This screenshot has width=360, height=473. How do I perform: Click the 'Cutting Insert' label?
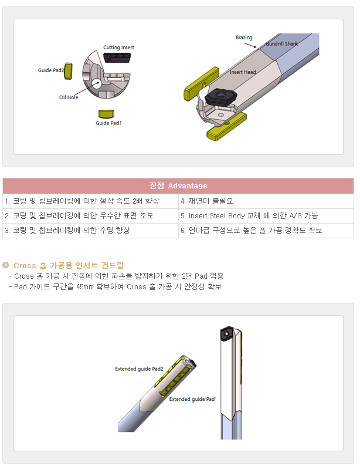point(118,48)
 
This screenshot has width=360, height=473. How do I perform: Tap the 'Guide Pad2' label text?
point(51,70)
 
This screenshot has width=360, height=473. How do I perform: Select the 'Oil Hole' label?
point(69,97)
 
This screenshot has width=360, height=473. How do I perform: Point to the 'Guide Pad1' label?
point(108,123)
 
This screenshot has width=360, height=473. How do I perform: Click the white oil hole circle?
point(96,83)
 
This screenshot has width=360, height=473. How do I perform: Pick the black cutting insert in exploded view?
point(117,58)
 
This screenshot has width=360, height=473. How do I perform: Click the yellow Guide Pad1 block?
point(107,114)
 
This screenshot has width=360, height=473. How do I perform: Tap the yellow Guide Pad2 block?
point(69,71)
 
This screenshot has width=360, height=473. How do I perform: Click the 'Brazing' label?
point(244,38)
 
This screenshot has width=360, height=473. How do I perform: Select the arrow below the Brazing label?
point(250,45)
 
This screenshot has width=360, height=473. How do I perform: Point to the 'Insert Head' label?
point(243,72)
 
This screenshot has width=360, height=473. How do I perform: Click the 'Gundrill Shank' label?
point(281,44)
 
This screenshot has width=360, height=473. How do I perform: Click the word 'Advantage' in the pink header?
point(188,186)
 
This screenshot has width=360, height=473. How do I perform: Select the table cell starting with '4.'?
point(266,201)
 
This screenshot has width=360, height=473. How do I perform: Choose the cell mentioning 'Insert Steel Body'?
point(266,216)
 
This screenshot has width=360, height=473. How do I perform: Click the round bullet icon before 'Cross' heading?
point(6,265)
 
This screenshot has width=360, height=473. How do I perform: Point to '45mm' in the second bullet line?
point(85,286)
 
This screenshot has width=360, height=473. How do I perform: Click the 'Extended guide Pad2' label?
point(139,369)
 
